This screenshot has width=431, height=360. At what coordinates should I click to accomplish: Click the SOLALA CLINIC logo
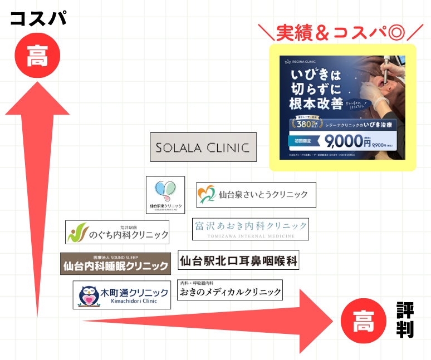click(203, 147)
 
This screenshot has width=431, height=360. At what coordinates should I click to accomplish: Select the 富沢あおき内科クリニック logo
click(251, 229)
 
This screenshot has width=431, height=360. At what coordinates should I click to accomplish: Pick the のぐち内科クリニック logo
click(117, 232)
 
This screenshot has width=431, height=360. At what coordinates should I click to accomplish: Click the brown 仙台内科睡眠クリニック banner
click(115, 264)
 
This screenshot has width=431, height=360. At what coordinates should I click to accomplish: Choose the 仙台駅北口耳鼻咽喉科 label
click(238, 260)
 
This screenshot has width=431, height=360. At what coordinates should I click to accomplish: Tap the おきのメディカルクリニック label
click(229, 290)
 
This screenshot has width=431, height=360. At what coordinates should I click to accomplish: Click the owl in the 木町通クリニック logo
click(87, 295)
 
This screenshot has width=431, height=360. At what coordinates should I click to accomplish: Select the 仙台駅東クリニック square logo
click(165, 195)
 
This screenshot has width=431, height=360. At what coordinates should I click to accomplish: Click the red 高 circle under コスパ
click(37, 56)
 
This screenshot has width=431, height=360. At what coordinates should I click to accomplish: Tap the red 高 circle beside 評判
click(363, 321)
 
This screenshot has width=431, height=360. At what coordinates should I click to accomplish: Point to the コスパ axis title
click(38, 18)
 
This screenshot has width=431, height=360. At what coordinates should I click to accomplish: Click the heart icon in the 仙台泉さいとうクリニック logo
click(206, 194)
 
